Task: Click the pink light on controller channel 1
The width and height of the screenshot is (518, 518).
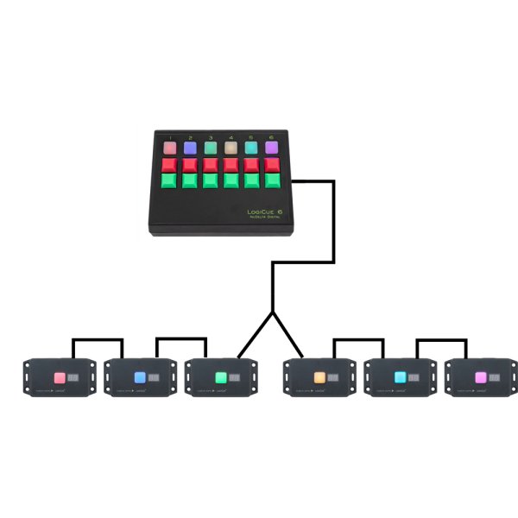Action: click(171, 148)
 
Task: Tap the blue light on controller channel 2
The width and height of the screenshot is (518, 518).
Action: click(191, 148)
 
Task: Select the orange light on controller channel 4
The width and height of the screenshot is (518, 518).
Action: click(231, 148)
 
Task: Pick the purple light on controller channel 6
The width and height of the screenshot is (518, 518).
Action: click(271, 148)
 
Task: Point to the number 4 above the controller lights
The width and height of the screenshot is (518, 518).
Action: click(231, 137)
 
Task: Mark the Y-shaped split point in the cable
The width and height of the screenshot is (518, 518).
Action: click(272, 313)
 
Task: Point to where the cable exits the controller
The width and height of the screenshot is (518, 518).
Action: click(294, 182)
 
